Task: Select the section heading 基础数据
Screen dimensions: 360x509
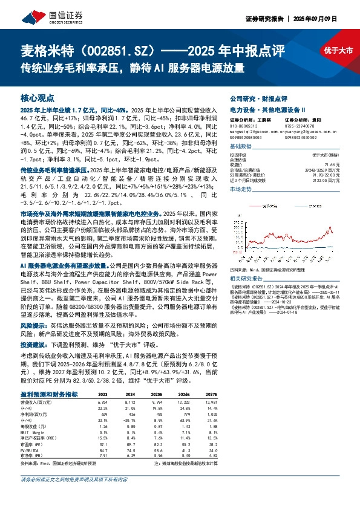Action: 241,147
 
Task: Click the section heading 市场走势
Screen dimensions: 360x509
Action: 241,189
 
